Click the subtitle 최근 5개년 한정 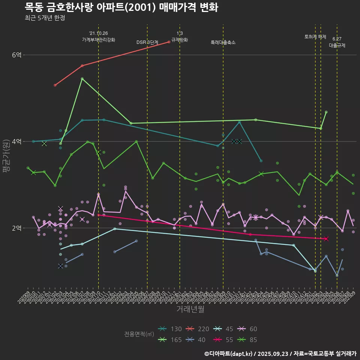(45, 18)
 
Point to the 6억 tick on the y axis (17, 55)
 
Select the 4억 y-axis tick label (17, 141)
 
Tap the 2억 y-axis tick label (17, 228)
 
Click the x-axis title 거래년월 (190, 309)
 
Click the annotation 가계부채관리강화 (99, 39)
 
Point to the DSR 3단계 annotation (147, 42)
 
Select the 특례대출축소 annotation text (223, 42)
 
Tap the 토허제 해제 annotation (315, 37)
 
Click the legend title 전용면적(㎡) (139, 334)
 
